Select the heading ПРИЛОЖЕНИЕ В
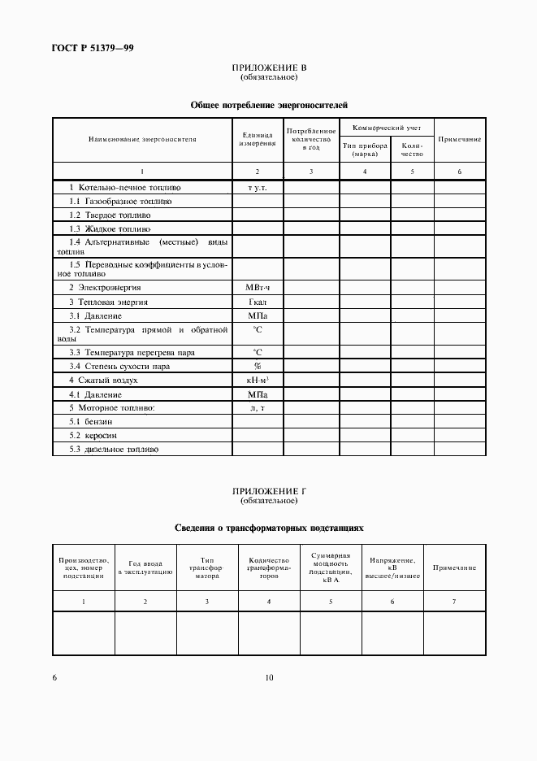tap(269, 68)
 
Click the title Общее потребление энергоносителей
tap(269, 105)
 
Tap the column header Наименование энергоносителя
tap(142, 139)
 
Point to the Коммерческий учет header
tap(387, 128)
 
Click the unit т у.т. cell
tap(257, 187)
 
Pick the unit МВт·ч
tap(257, 288)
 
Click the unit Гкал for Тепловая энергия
tap(257, 302)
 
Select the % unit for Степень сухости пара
tap(257, 366)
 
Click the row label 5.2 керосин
tap(93, 435)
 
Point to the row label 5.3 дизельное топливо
tap(114, 449)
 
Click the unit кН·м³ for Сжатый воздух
tap(257, 380)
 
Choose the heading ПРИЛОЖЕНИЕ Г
tap(269, 491)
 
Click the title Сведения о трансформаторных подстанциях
tap(269, 528)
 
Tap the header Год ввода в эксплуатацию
tap(145, 567)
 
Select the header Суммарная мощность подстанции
tap(330, 567)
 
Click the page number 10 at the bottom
tap(269, 677)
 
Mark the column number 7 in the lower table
tap(454, 601)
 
